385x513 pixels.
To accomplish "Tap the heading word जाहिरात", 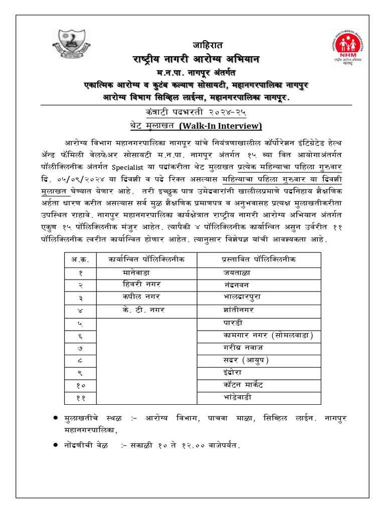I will tap(207, 46).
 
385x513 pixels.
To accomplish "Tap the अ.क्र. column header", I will tap(80, 260).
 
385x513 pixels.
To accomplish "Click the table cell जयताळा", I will tap(237, 273).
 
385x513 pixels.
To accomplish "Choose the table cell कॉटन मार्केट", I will tap(247, 385).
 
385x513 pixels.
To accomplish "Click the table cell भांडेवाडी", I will tap(242, 397).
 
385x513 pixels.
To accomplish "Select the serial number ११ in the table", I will tap(80, 398).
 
